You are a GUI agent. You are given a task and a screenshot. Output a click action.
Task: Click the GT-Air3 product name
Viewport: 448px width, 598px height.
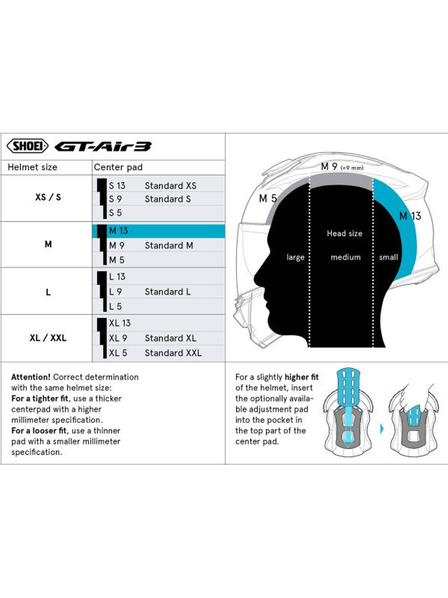(103, 147)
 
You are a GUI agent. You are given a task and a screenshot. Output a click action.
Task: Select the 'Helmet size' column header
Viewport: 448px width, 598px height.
(32, 167)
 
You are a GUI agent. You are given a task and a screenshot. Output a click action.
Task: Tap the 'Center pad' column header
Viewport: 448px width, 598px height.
(118, 167)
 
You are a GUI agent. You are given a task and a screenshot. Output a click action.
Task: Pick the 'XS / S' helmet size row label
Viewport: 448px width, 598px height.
(48, 197)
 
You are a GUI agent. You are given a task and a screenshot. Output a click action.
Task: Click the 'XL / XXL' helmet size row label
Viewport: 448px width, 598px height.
(48, 338)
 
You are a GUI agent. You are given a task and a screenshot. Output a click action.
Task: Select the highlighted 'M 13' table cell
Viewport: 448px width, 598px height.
(158, 231)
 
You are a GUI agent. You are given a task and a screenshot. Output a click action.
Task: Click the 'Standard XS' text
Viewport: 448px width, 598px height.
(170, 185)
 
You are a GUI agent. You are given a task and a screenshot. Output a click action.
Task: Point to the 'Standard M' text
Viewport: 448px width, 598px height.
(169, 245)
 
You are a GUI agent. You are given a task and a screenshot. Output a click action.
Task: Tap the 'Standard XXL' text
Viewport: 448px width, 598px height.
(173, 353)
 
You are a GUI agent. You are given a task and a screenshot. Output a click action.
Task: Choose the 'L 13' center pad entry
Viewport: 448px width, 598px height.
(117, 277)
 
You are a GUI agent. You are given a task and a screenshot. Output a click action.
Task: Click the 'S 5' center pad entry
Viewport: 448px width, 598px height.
(115, 212)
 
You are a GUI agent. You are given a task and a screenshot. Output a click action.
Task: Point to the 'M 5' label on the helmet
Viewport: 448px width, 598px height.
(268, 199)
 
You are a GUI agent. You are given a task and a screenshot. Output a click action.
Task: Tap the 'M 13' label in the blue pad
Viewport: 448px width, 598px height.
(410, 216)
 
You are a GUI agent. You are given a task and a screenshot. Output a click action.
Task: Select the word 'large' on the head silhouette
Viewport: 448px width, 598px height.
(295, 257)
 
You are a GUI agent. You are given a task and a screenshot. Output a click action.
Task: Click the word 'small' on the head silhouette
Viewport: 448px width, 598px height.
(389, 257)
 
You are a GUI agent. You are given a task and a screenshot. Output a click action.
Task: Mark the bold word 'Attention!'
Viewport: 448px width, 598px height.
(30, 377)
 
